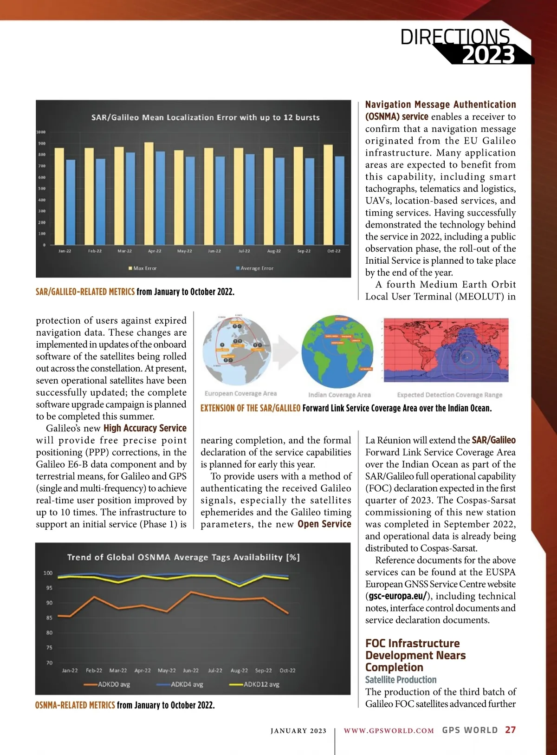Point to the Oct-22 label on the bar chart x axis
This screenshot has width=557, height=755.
tap(334, 251)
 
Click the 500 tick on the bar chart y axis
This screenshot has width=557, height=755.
tap(42, 189)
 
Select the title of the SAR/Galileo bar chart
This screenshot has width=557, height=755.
tap(205, 117)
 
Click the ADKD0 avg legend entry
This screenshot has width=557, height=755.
tap(107, 684)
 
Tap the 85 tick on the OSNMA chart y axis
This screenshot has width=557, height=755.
tap(49, 618)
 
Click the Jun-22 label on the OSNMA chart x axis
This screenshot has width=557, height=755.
tap(191, 670)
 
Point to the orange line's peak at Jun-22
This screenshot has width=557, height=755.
tap(191, 592)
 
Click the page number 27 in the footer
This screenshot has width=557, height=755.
tap(511, 730)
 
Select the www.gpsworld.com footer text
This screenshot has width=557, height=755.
tap(389, 730)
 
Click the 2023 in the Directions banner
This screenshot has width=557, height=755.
tap(488, 55)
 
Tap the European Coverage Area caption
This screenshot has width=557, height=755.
tap(240, 394)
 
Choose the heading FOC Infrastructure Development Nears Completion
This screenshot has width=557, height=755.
tap(415, 655)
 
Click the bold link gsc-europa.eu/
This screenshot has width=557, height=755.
tap(398, 596)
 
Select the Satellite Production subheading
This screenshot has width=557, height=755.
tap(401, 680)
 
